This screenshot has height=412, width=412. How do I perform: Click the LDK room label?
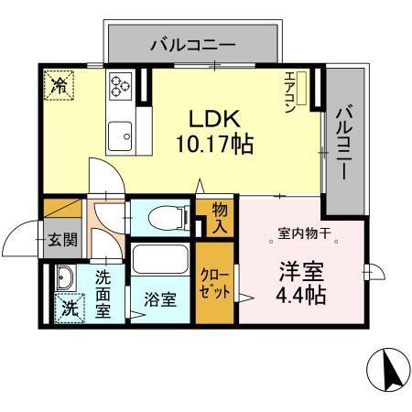tap(214, 119)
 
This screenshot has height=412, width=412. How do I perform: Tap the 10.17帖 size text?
tap(214, 144)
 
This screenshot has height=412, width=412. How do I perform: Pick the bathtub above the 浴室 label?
tap(161, 258)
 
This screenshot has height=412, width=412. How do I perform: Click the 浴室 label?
tap(161, 298)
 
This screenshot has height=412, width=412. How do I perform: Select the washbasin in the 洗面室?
tap(63, 277)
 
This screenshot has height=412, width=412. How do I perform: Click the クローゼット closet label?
tap(217, 283)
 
